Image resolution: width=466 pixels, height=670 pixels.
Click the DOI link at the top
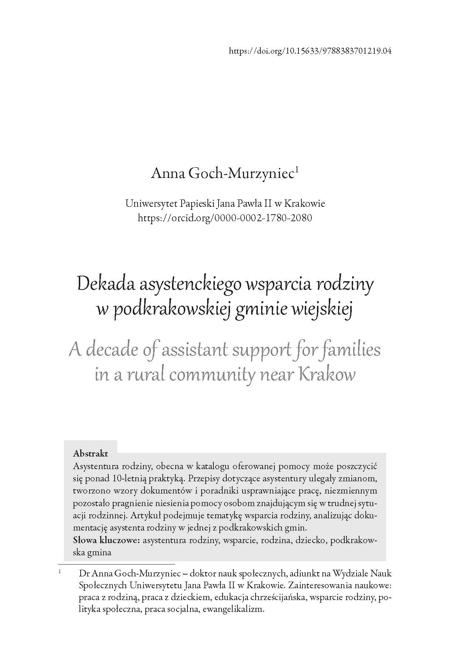point(310,51)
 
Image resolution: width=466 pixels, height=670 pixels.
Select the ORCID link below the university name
point(225,218)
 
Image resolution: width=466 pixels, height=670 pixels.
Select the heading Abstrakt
point(91,453)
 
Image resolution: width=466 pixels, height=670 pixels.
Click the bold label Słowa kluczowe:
point(107,540)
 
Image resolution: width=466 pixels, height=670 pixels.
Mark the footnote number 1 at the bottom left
point(60,572)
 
